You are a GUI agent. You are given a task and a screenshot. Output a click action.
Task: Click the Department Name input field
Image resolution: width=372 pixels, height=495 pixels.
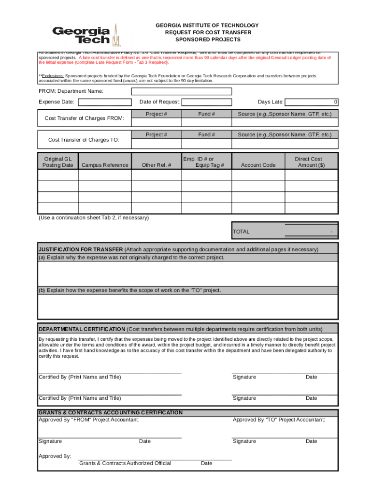pos(182,91)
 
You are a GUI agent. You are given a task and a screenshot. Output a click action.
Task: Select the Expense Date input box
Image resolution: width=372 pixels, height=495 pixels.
pos(105,102)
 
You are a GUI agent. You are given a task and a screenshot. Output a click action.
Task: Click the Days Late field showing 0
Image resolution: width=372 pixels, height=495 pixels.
pos(312,102)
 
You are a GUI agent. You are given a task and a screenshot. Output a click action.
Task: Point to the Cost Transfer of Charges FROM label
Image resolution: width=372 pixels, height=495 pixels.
pos(84,118)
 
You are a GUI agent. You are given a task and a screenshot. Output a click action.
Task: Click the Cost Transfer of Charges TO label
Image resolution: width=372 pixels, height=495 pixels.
pos(83,140)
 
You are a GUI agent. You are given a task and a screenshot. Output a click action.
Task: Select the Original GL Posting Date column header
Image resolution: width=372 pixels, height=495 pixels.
pos(58,162)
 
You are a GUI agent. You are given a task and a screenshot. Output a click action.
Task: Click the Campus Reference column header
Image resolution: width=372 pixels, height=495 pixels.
pos(105,165)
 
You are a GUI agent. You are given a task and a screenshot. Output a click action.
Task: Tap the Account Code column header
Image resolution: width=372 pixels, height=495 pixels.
pos(258,165)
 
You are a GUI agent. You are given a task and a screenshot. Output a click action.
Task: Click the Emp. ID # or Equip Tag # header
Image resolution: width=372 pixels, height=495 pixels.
pos(206,162)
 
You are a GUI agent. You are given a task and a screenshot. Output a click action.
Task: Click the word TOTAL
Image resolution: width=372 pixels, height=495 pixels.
pos(241,232)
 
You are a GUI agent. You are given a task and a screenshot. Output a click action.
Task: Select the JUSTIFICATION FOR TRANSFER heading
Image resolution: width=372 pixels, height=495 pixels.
pos(81,249)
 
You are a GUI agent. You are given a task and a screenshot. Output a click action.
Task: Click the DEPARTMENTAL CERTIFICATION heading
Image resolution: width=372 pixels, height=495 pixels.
pos(82,329)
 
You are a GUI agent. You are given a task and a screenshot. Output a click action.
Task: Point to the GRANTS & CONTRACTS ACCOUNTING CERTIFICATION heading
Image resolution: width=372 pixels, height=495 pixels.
pos(111,413)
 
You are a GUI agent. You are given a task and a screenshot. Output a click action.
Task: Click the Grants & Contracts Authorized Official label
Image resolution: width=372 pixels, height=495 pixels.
pos(125,463)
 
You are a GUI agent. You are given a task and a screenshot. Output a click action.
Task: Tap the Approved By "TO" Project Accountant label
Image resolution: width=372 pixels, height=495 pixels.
pos(279,420)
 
